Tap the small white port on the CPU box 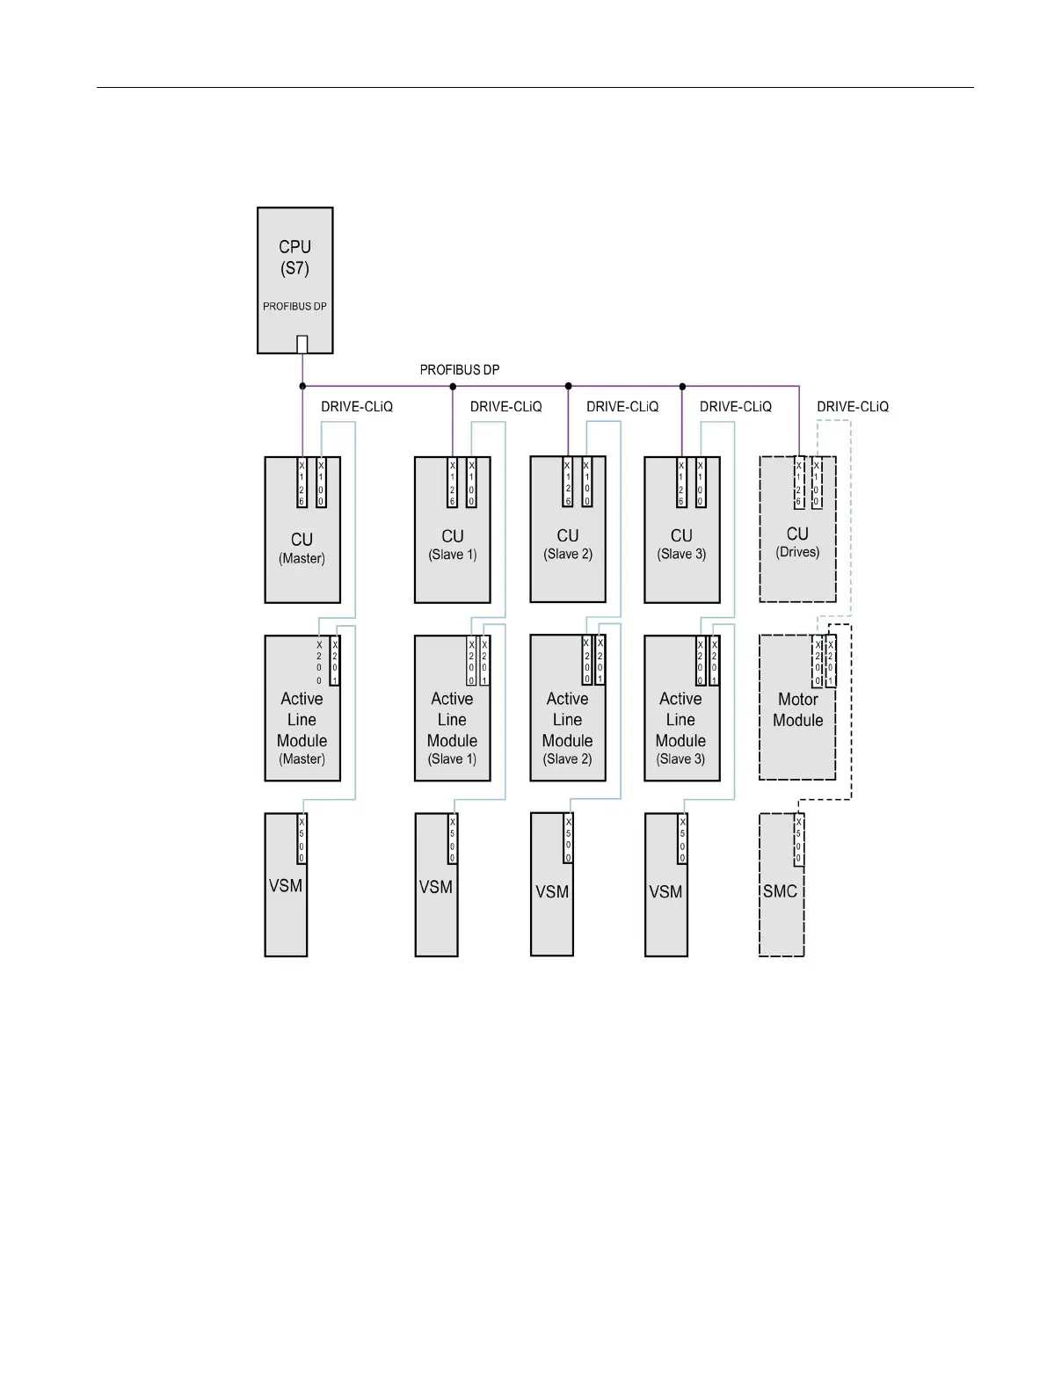pyautogui.click(x=302, y=344)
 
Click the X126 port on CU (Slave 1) pyautogui.click(x=452, y=482)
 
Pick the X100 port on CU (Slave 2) pyautogui.click(x=587, y=482)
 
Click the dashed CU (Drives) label pyautogui.click(x=797, y=541)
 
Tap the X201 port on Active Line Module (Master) pyautogui.click(x=335, y=661)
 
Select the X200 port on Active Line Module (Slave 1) pyautogui.click(x=471, y=661)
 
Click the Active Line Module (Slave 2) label pyautogui.click(x=567, y=728)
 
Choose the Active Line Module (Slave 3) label pyautogui.click(x=680, y=728)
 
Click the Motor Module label pyautogui.click(x=797, y=709)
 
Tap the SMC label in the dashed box pyautogui.click(x=780, y=891)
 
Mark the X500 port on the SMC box pyautogui.click(x=798, y=840)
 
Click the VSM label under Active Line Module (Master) pyautogui.click(x=286, y=886)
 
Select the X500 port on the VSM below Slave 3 pyautogui.click(x=682, y=839)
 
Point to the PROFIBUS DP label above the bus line pyautogui.click(x=460, y=370)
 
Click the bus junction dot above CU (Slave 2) pyautogui.click(x=568, y=386)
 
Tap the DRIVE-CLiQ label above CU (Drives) pyautogui.click(x=853, y=407)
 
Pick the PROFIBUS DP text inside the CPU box pyautogui.click(x=294, y=307)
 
